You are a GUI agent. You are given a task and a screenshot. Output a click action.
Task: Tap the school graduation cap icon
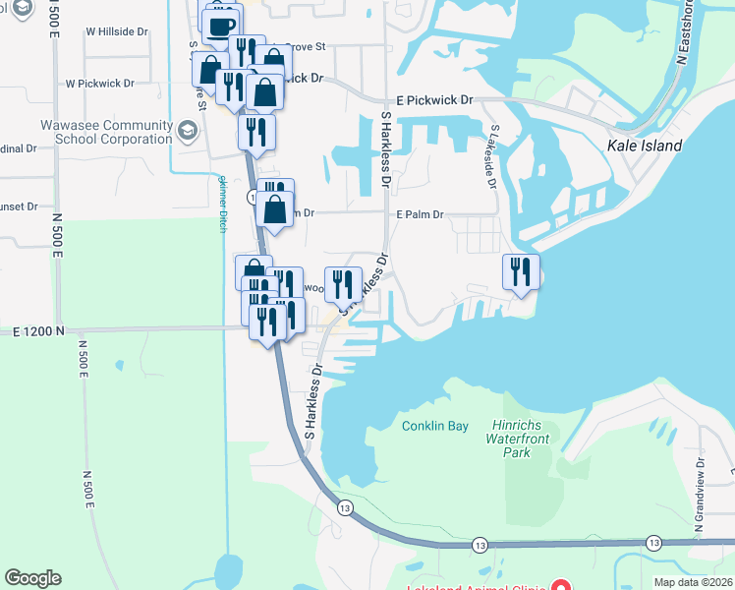[x=187, y=131]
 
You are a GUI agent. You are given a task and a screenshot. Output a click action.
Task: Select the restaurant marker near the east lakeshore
[x=521, y=271]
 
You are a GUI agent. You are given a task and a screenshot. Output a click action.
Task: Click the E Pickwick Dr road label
[x=434, y=100]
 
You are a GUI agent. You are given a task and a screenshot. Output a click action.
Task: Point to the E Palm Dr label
[x=421, y=214]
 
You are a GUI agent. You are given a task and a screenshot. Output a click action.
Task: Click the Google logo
[x=32, y=578]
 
